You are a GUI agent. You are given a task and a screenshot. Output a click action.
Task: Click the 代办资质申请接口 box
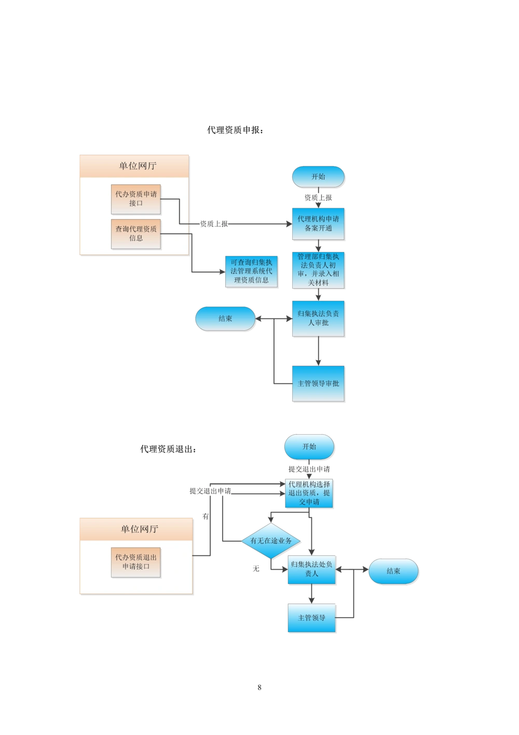point(136,199)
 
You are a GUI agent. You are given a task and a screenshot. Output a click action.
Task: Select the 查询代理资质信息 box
point(136,234)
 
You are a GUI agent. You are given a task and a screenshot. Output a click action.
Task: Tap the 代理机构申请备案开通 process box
point(319,224)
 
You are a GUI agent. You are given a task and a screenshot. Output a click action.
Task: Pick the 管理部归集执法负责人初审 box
point(318,270)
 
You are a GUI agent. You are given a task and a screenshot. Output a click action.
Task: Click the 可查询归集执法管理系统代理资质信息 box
point(251,272)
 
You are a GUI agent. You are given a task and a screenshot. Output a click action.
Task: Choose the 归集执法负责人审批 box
point(318,318)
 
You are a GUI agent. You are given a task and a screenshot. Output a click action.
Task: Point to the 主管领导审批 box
point(318,383)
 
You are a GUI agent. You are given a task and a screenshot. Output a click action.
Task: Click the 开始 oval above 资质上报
point(318,177)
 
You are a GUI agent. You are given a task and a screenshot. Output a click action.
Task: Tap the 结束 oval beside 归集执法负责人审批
point(226,318)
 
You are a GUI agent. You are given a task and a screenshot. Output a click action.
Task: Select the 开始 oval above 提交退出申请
point(309,447)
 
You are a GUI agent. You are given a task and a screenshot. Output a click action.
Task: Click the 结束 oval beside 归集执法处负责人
point(393,571)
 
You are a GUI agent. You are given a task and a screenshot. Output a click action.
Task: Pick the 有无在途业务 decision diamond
point(272,541)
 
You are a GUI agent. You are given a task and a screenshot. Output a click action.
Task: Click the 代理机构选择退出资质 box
point(309,493)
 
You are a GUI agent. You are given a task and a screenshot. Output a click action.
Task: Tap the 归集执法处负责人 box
point(311,570)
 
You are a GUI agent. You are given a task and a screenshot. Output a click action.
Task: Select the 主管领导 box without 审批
point(312,618)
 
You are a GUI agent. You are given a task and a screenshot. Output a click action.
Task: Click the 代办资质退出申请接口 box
point(136,562)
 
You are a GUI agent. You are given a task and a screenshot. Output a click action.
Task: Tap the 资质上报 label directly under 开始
point(318,198)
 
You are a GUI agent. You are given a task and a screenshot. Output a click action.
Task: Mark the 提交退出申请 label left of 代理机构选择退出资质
point(210,491)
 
